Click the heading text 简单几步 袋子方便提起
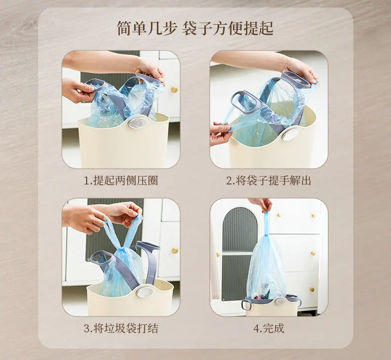[195, 29]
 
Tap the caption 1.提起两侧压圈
[121, 180]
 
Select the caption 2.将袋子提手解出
[269, 180]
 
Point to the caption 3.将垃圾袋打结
[121, 328]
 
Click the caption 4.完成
[269, 328]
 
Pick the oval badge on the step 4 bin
[280, 302]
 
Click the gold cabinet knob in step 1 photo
[174, 90]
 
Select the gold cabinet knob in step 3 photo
[175, 250]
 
